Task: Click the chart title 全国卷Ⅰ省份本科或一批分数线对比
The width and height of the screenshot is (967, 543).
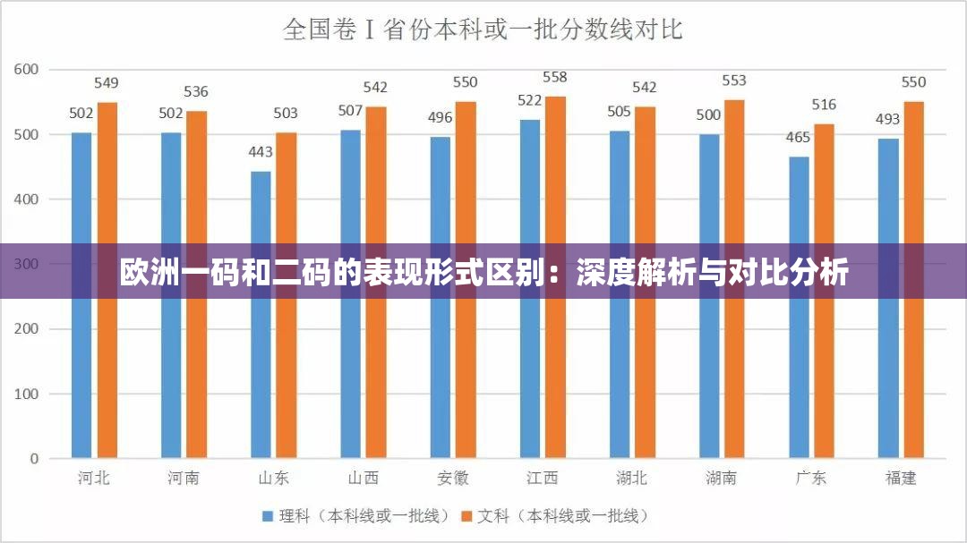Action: coord(483,30)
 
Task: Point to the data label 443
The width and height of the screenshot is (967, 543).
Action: coord(261,151)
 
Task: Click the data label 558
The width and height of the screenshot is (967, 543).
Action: coord(555,78)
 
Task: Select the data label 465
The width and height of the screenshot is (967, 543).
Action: coord(799,137)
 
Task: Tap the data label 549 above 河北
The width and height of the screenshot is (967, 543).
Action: coord(107,83)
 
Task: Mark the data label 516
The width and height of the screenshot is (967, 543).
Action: coord(824,105)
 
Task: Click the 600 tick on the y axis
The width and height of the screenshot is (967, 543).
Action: coord(27,69)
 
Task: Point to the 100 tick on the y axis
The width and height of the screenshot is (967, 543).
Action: coord(27,394)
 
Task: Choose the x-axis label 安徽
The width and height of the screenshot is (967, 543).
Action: coord(452,478)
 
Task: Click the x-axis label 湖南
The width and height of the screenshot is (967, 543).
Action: coord(721,478)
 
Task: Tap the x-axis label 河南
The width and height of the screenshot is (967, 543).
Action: coord(184,478)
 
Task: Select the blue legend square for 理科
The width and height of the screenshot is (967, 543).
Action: coord(267,516)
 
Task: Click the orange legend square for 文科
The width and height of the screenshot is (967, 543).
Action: coord(466,516)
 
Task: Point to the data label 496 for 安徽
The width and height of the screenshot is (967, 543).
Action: coord(440,117)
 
